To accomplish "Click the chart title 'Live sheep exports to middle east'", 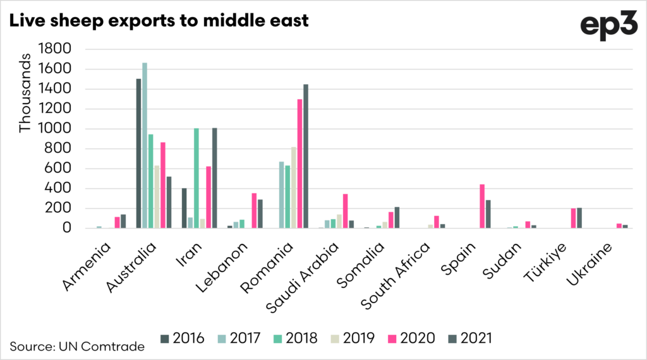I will tap(159, 20).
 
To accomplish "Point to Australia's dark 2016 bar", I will tap(138, 153).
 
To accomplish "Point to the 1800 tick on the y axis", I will tap(55, 49).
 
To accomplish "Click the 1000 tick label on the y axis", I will tap(55, 129).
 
